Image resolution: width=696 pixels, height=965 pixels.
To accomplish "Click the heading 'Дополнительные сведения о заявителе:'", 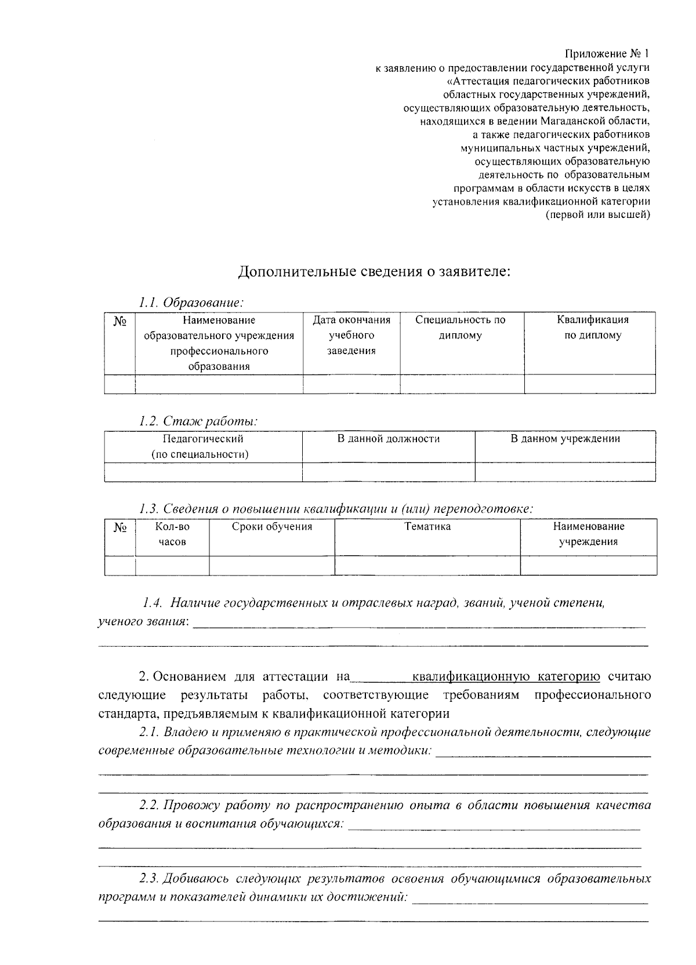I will pyautogui.click(x=375, y=271).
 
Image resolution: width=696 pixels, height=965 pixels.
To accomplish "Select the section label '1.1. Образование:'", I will pyautogui.click(x=191, y=303).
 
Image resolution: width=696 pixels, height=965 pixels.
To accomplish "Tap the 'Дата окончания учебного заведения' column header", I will pyautogui.click(x=351, y=335).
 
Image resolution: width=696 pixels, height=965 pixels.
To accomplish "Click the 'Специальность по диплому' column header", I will pyautogui.click(x=461, y=327).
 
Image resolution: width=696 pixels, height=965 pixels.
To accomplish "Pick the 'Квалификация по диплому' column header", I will pyautogui.click(x=592, y=327).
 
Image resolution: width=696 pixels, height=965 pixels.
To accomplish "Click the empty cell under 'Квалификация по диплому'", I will pyautogui.click(x=590, y=384).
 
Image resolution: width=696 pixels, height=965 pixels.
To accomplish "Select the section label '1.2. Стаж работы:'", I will pyautogui.click(x=198, y=421).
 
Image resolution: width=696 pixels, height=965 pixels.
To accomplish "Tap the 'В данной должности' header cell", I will pyautogui.click(x=389, y=439).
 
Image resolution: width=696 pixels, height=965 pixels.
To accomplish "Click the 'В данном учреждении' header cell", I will pyautogui.click(x=565, y=439).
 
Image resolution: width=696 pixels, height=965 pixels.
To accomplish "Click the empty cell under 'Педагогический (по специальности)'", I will pyautogui.click(x=203, y=472).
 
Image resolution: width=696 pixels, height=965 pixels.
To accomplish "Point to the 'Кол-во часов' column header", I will pyautogui.click(x=172, y=534).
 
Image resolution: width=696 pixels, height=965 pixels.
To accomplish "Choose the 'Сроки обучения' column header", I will pyautogui.click(x=271, y=527).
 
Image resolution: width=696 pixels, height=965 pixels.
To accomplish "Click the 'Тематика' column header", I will pyautogui.click(x=427, y=527).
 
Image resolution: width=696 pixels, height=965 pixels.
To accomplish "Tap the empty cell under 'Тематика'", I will pyautogui.click(x=427, y=565).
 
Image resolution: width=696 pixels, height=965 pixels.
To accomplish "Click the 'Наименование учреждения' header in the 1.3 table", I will pyautogui.click(x=588, y=534).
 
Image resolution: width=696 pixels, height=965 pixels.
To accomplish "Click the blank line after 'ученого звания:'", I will pyautogui.click(x=418, y=622).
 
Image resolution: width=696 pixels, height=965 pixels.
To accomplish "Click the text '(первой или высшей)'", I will pyautogui.click(x=597, y=215).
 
